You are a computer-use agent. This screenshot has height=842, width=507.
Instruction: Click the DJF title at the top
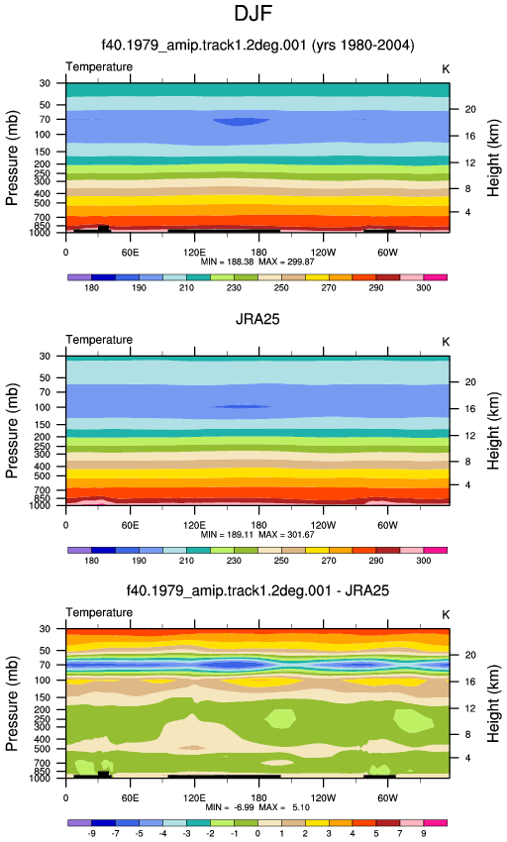[x=253, y=13]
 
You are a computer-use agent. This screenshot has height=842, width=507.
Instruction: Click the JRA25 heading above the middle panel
[x=257, y=319]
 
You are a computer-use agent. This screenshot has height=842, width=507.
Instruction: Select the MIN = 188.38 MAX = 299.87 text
[x=257, y=263]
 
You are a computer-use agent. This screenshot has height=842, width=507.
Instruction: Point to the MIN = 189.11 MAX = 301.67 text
[x=257, y=535]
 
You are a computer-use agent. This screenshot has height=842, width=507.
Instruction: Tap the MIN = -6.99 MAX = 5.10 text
[x=257, y=807]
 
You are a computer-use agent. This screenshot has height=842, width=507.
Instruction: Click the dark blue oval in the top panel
[x=242, y=122]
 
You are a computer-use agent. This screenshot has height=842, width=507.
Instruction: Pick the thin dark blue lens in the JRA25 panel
[x=240, y=406]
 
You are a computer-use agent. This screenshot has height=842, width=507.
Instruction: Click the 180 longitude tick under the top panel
[x=258, y=253]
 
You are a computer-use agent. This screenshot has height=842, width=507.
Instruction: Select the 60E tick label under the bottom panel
[x=130, y=798]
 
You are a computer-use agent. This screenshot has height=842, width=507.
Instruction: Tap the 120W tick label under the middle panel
[x=324, y=525]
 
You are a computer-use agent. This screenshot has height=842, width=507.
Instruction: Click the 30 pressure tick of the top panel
[x=45, y=83]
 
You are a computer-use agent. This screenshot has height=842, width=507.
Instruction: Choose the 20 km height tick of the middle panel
[x=470, y=382]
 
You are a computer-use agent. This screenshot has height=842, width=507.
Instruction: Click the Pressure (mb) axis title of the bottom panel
[x=12, y=703]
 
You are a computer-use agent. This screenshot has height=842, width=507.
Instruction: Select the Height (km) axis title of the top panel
[x=493, y=158]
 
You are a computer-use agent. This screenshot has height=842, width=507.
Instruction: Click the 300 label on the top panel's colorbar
[x=423, y=288]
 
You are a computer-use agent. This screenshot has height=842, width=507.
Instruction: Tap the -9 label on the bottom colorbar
[x=92, y=833]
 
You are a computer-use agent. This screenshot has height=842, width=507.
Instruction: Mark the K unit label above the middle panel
[x=446, y=342]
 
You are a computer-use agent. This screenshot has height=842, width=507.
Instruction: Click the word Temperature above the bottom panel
[x=99, y=613]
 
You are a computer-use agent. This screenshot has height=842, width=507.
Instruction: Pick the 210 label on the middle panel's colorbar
[x=186, y=561]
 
